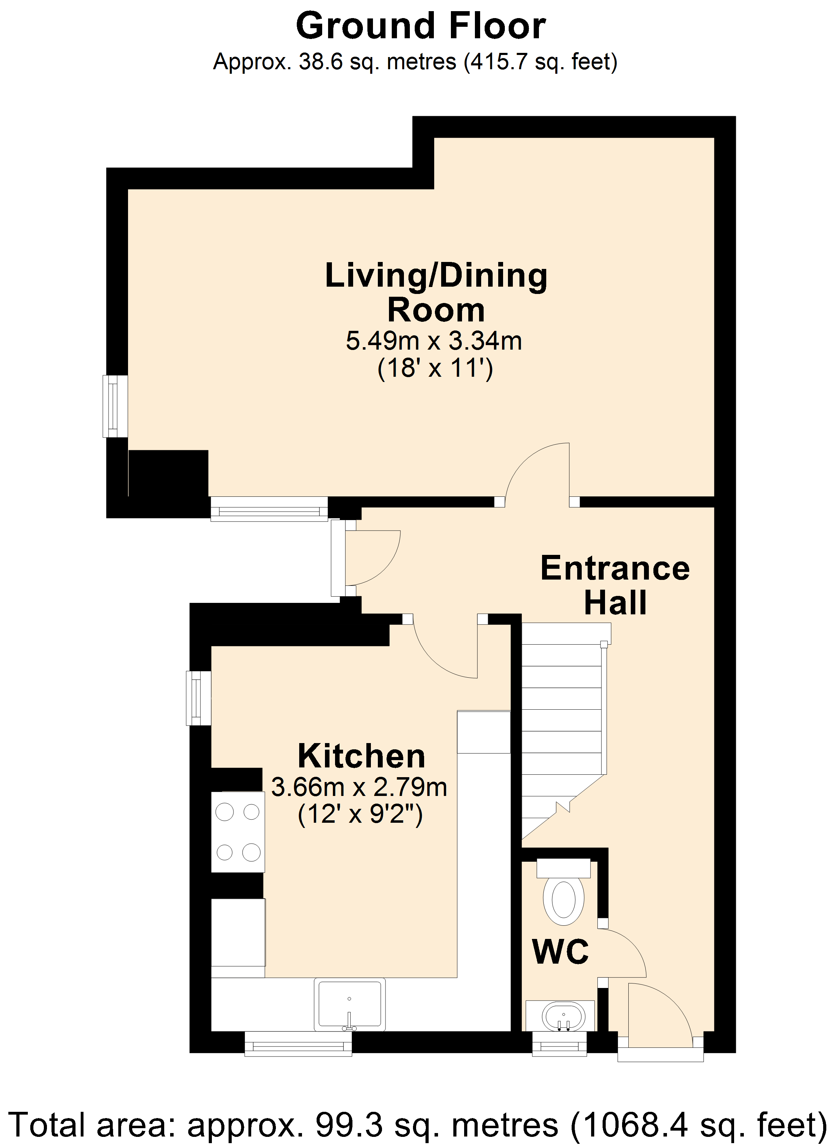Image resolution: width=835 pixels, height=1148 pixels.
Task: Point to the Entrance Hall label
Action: coord(615,585)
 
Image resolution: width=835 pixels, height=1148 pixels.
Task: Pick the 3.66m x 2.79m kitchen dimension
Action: coord(359,787)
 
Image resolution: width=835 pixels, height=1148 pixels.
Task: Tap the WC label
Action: coord(560,951)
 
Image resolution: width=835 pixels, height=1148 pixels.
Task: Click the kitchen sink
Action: coord(349,1005)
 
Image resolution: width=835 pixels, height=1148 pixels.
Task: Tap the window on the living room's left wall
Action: coord(116,406)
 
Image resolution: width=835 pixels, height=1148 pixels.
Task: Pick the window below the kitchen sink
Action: coord(298,1044)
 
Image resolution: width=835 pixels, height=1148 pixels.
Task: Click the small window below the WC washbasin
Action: coord(559,1044)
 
